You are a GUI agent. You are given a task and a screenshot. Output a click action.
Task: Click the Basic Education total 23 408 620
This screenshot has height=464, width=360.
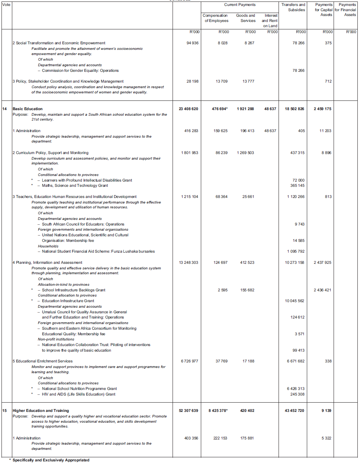[x=188, y=109]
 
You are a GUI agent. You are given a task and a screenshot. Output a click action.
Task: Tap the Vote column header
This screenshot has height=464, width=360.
[x=6, y=5]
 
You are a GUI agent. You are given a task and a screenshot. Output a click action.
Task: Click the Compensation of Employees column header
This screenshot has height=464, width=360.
[x=215, y=18]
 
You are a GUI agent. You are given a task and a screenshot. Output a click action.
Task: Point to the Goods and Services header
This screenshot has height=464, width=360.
[x=245, y=18]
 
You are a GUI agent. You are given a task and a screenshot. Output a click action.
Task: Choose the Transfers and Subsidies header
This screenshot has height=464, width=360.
[x=293, y=7]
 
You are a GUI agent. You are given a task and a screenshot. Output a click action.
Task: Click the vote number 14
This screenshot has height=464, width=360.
[x=4, y=109]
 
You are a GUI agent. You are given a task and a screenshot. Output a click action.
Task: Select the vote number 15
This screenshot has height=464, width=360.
[x=4, y=411]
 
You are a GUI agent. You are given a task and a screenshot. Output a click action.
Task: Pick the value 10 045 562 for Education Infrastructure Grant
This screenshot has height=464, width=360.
[x=294, y=301]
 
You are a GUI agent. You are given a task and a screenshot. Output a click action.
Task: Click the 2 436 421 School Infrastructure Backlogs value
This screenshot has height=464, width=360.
[x=322, y=290]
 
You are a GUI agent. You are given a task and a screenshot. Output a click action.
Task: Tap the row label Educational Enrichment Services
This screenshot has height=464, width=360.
[x=44, y=361]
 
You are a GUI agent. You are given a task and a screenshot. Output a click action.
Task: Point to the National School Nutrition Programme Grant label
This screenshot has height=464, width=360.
[x=79, y=389]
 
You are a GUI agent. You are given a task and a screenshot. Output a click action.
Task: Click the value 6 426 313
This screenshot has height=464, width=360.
[x=295, y=389]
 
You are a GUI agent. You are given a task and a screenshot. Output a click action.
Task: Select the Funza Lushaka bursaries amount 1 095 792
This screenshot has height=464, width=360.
[x=295, y=252]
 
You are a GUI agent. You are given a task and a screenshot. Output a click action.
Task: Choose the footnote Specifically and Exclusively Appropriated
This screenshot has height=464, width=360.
[x=51, y=460]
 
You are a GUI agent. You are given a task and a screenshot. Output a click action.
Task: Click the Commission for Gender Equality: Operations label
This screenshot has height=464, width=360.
[x=80, y=71]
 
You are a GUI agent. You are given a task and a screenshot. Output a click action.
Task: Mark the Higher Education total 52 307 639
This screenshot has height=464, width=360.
[x=188, y=411]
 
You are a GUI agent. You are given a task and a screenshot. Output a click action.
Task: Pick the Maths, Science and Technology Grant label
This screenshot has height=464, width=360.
[x=75, y=186]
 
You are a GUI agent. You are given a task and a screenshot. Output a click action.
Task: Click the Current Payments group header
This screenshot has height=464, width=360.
[x=240, y=5]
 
